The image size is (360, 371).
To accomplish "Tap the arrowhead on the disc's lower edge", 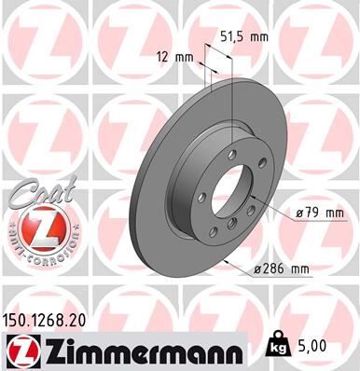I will point(225,258).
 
